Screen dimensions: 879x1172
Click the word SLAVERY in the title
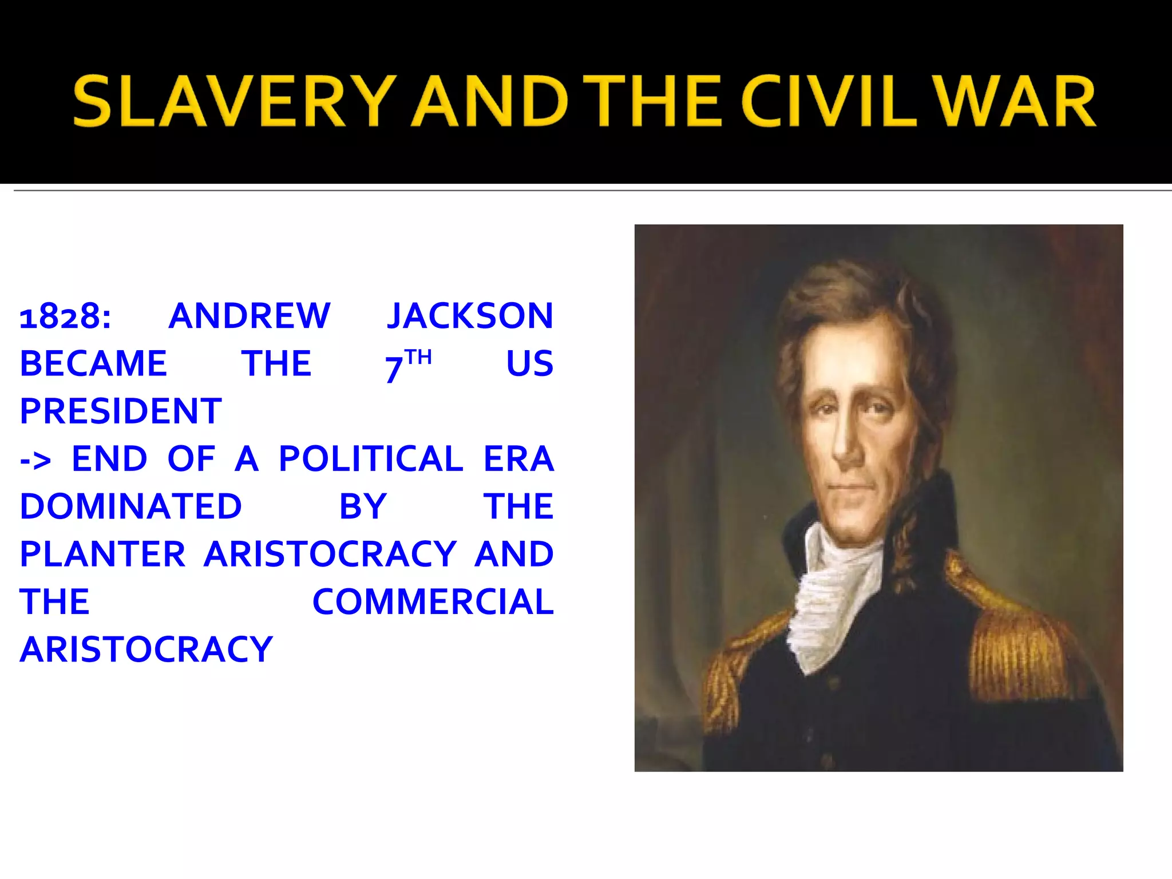pyautogui.click(x=235, y=101)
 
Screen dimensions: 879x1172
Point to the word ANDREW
pyautogui.click(x=250, y=316)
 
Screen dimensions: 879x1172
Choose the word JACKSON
pyautogui.click(x=470, y=316)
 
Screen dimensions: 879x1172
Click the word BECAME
pyautogui.click(x=93, y=363)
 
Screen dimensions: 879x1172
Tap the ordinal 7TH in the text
pyautogui.click(x=407, y=365)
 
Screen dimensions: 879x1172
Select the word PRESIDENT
pyautogui.click(x=121, y=411)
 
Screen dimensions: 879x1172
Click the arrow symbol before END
pyautogui.click(x=35, y=460)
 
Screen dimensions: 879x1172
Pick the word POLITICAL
pyautogui.click(x=371, y=458)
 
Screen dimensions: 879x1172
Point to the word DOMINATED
pyautogui.click(x=131, y=506)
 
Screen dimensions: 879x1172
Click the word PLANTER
pyautogui.click(x=103, y=554)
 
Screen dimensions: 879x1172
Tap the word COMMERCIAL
pyautogui.click(x=433, y=601)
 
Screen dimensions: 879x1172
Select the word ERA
pyautogui.click(x=518, y=458)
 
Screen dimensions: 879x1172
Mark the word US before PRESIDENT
pyautogui.click(x=530, y=363)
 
